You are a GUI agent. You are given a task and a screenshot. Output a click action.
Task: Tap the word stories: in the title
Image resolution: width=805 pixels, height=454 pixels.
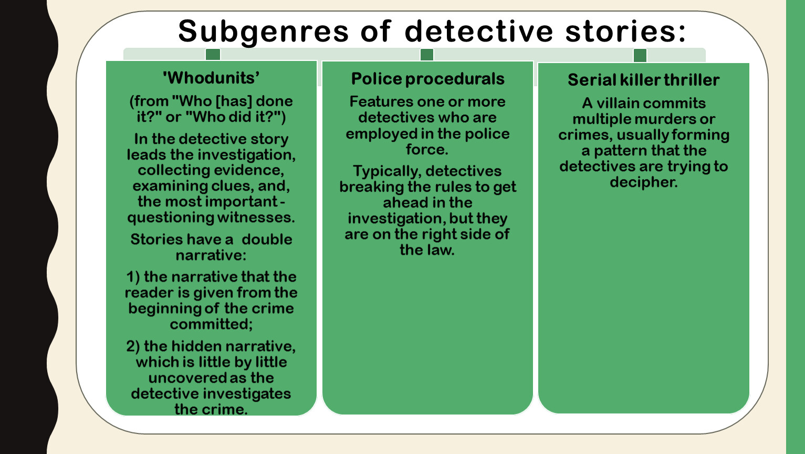[625, 32]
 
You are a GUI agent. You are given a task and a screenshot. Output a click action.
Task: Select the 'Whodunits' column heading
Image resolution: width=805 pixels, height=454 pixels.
[211, 78]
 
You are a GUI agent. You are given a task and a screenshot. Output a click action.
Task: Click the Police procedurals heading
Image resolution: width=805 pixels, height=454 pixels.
[427, 79]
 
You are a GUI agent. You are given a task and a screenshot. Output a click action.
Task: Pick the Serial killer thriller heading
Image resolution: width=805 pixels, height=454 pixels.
[643, 80]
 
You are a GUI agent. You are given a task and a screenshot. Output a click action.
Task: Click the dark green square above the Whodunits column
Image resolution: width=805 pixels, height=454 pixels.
[213, 54]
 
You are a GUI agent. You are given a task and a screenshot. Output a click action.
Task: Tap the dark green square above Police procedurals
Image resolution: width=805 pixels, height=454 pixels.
[426, 55]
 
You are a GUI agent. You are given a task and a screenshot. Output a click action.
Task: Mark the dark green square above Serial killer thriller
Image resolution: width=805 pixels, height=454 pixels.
[640, 55]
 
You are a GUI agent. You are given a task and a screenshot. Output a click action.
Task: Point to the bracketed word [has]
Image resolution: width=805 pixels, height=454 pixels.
[234, 101]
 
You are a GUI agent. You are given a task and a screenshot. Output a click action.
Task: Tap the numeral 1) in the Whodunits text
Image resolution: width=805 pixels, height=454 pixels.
[133, 277]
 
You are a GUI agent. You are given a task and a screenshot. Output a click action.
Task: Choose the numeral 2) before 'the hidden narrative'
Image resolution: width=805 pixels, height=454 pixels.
[133, 346]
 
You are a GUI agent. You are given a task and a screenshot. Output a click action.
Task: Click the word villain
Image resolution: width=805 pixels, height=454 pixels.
[619, 103]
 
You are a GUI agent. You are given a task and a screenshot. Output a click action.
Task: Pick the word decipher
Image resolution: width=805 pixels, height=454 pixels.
[644, 182]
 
